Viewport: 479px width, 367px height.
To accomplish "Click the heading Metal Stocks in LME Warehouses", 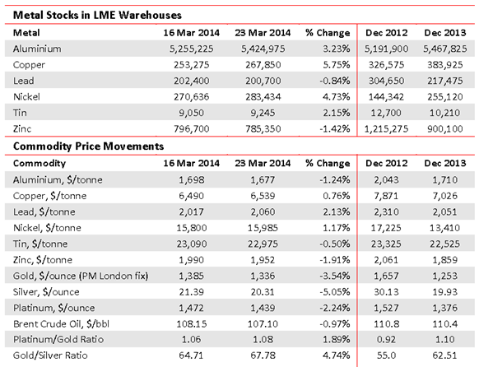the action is [x=97, y=15].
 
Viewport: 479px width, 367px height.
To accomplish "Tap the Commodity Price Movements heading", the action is [x=88, y=146].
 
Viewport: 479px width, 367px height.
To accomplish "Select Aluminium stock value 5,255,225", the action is [x=192, y=49].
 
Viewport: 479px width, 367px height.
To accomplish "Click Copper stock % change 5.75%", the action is [x=337, y=65].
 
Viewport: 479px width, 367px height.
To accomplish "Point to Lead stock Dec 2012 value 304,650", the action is [x=386, y=81].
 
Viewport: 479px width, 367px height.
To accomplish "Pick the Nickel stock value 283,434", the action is [x=263, y=97].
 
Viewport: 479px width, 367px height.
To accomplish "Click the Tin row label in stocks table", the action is [x=20, y=113].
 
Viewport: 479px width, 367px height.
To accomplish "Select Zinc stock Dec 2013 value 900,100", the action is [x=444, y=129].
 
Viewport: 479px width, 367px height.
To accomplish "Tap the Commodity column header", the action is [x=40, y=164].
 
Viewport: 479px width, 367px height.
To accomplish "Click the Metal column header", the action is [x=26, y=33].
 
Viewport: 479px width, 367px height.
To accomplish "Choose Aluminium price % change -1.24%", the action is [x=334, y=180].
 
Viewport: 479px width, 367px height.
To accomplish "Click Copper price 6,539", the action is [x=263, y=196].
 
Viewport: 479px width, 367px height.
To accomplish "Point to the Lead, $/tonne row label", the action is [x=44, y=212].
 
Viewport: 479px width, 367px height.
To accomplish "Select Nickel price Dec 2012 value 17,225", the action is [x=386, y=228].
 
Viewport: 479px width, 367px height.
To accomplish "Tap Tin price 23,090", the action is [x=192, y=244].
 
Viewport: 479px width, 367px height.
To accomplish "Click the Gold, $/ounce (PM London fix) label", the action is [x=81, y=276].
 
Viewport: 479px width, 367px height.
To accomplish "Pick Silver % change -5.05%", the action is [x=334, y=292].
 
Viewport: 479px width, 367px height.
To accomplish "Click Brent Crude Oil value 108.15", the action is [x=192, y=323].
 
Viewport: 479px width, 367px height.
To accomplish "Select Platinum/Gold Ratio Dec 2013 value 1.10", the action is [x=444, y=340].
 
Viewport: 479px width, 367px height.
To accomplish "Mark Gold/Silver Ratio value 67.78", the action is [x=263, y=355].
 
